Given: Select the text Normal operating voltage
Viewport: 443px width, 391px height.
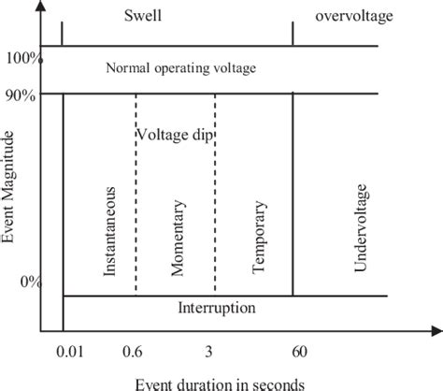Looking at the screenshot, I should [181, 68].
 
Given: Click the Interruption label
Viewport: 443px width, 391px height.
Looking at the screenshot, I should [216, 307].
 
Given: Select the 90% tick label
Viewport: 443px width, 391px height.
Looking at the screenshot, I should [22, 94].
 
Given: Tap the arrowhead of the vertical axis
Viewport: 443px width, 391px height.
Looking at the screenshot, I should [43, 7].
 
